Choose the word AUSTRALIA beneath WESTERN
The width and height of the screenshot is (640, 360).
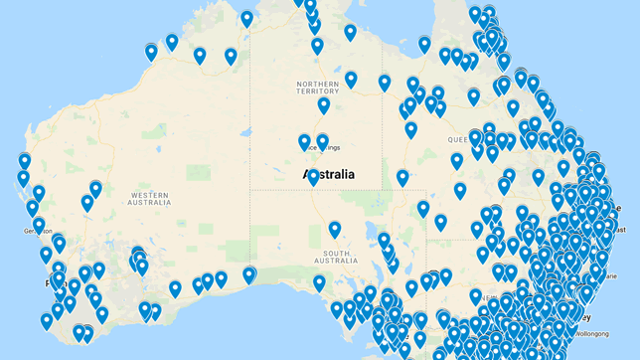(x=149, y=202)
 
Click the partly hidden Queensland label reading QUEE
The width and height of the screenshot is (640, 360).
(x=460, y=139)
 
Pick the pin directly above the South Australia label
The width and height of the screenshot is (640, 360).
(x=335, y=231)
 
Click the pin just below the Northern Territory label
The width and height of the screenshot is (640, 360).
(x=324, y=106)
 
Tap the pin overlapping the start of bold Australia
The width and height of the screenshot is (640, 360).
(x=313, y=178)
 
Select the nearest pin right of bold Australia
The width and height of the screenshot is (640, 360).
(x=402, y=179)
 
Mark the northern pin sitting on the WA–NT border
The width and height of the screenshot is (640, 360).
(x=246, y=19)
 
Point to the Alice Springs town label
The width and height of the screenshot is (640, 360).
(x=327, y=149)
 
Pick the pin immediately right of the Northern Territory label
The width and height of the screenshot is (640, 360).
(x=351, y=80)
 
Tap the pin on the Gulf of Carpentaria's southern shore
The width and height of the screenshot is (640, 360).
(x=424, y=45)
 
